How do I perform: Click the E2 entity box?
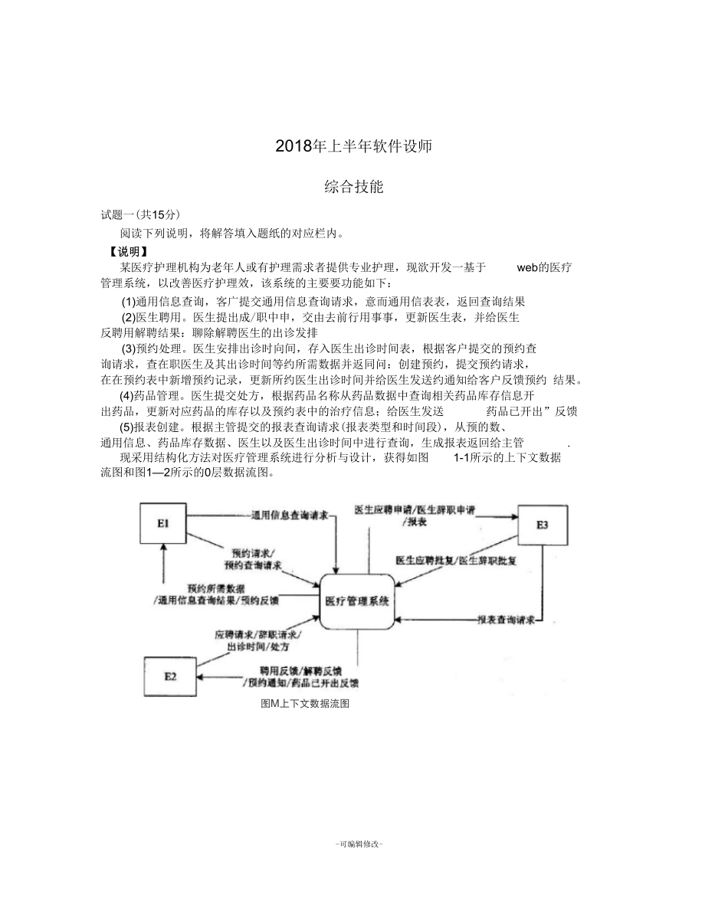170,676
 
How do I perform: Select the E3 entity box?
542,525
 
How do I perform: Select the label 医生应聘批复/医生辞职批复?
456,561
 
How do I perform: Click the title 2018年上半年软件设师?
352,146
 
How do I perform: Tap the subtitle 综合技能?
353,186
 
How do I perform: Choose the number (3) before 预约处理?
129,348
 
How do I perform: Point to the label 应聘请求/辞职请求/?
257,635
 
